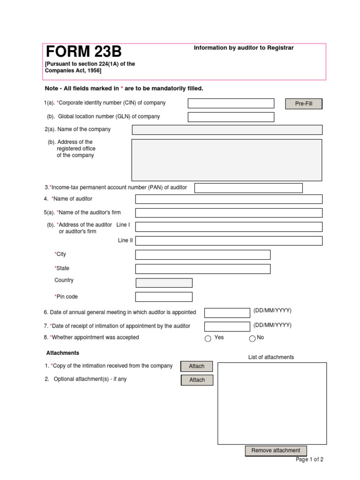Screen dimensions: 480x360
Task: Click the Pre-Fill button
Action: coord(304,104)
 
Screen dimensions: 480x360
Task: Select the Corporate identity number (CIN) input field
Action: coord(231,104)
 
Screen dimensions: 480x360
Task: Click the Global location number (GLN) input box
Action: coord(231,117)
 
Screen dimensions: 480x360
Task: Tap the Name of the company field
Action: coord(227,130)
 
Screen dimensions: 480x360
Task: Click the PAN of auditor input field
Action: coord(248,188)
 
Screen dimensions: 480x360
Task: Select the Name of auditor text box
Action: coord(229,199)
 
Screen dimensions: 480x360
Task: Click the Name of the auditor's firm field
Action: coord(229,213)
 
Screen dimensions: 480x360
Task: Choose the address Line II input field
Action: coord(229,241)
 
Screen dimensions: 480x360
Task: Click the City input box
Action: coord(202,255)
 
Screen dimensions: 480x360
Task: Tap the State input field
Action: coord(202,269)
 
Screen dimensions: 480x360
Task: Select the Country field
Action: coord(164,283)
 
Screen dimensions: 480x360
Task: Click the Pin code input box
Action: coord(164,297)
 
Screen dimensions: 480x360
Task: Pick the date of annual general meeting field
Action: coord(227,313)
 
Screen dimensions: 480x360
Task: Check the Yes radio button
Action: coord(208,339)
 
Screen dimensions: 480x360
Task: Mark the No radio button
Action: coord(252,339)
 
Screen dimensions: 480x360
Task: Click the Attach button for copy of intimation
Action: coord(197,367)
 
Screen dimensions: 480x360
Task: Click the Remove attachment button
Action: coord(276,451)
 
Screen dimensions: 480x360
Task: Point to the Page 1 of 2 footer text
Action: coord(309,460)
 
